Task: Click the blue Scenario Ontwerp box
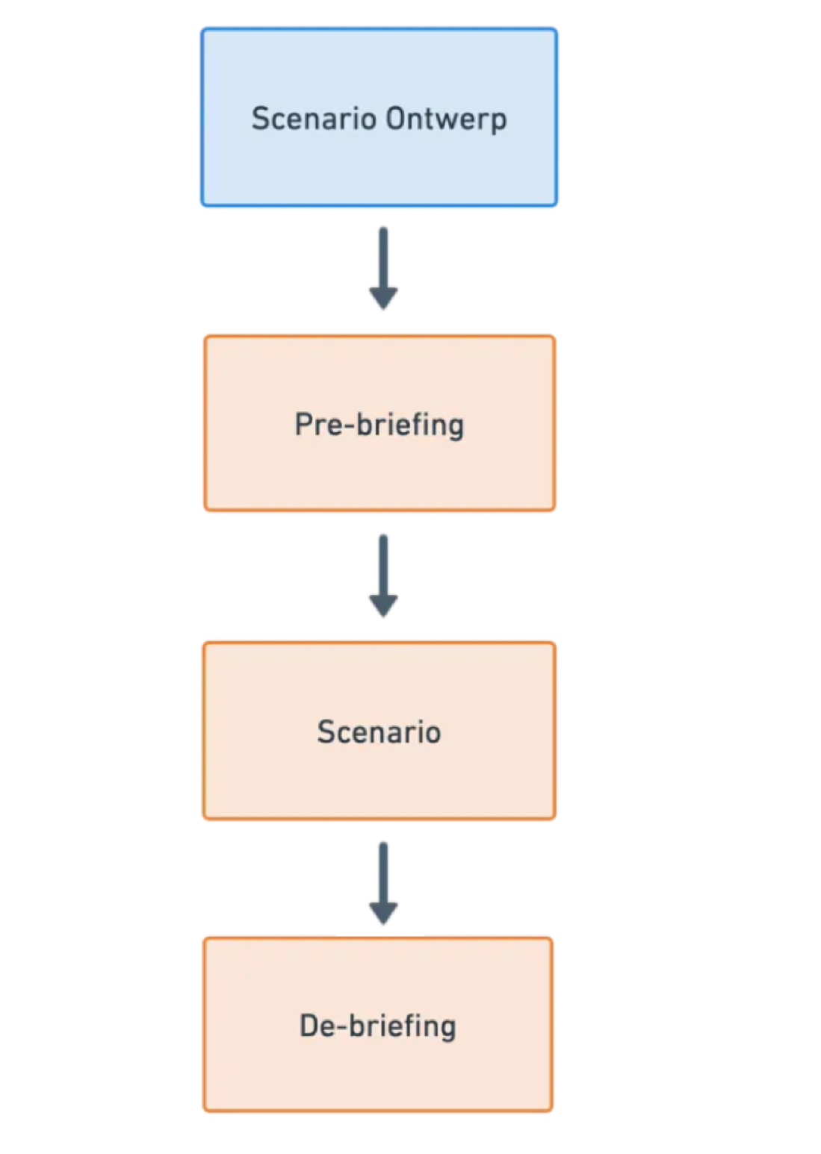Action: coord(379,117)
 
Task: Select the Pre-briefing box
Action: coord(379,423)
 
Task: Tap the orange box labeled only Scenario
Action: coord(379,731)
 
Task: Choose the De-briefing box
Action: coord(378,1024)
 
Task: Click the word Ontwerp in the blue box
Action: coord(446,119)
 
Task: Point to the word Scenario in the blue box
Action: coord(314,118)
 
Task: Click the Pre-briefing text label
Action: coord(379,425)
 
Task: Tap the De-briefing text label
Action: coord(377,1026)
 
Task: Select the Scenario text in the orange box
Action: coord(379,732)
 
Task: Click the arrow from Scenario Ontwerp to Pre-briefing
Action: coord(383,268)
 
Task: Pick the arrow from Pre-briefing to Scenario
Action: coord(383,576)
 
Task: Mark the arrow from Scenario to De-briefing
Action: coord(383,883)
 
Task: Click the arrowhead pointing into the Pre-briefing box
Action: coord(383,299)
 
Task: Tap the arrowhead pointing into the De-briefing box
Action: coord(383,914)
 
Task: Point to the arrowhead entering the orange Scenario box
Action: coord(383,606)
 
